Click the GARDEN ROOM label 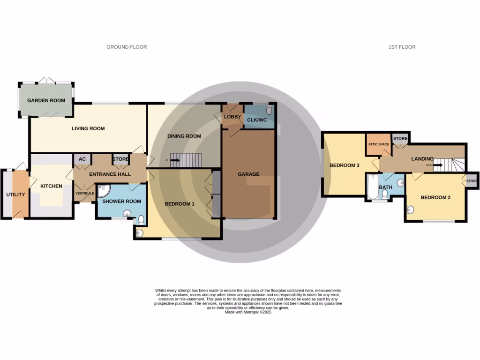45,101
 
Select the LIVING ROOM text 88,128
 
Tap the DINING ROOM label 184,136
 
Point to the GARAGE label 248,174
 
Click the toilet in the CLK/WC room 269,110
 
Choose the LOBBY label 232,117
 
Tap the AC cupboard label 82,159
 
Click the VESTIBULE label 85,193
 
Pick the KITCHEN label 51,186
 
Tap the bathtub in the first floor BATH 371,187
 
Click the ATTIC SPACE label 378,144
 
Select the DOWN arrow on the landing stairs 438,165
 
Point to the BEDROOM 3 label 344,165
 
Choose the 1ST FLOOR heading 402,47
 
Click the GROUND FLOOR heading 127,47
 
